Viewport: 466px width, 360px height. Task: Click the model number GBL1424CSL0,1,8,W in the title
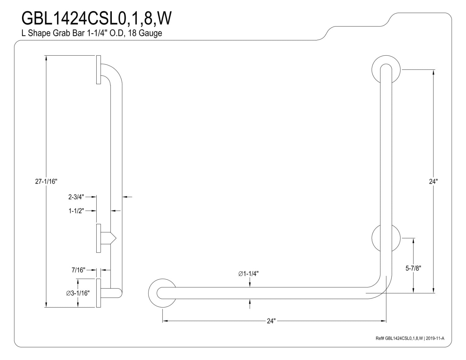(x=97, y=18)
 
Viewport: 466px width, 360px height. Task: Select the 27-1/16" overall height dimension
(x=46, y=182)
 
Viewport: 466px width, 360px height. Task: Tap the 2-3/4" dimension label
(x=76, y=197)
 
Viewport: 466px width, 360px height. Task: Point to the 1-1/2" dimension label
(x=76, y=211)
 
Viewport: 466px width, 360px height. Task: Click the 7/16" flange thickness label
(x=79, y=270)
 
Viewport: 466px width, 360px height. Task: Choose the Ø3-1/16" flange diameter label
(x=78, y=293)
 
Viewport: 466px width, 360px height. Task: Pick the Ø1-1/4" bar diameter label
(x=248, y=274)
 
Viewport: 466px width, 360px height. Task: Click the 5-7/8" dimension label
(x=413, y=268)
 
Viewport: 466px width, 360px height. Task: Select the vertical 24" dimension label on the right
(x=433, y=182)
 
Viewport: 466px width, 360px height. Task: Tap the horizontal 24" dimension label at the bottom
(x=271, y=321)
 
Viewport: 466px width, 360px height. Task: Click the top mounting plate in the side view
(x=98, y=70)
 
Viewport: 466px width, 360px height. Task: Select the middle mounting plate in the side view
(x=98, y=238)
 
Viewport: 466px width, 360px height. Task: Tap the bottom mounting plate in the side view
(x=98, y=293)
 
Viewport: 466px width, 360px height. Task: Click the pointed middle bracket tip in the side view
(x=116, y=238)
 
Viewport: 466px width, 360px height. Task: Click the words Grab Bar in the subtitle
(x=71, y=33)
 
